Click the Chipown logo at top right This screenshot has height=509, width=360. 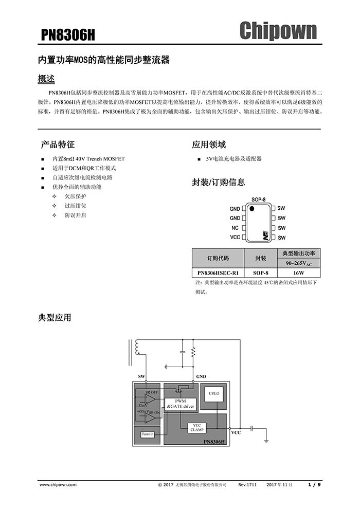point(278,31)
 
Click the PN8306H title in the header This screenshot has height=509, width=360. point(68,35)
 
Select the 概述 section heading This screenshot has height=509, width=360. point(46,79)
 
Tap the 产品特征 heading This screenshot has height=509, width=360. point(58,144)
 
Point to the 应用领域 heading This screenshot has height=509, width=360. point(209,144)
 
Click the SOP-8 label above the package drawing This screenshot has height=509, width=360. point(258,199)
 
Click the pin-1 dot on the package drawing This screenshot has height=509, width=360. point(251,208)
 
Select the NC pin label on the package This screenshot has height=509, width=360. point(235,228)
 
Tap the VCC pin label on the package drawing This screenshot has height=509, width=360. point(235,238)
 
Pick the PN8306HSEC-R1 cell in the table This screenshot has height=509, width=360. point(218,272)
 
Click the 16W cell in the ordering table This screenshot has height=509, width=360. point(299,272)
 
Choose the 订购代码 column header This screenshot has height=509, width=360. point(218,259)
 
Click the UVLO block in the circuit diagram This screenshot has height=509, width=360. point(214,397)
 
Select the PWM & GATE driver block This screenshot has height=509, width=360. point(181,404)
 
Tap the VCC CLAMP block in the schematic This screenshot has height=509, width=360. point(197,428)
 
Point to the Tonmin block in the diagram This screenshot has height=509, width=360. point(148,434)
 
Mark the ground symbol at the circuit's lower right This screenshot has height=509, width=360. point(266,441)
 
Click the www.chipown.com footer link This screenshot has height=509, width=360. point(58,485)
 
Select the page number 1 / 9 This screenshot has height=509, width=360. point(314,485)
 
